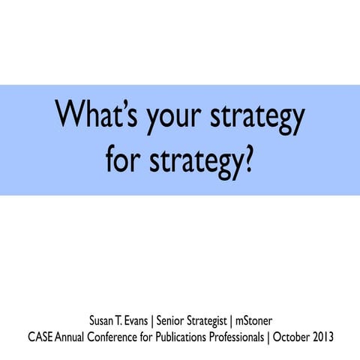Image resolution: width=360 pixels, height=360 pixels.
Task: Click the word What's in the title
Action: (95, 119)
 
